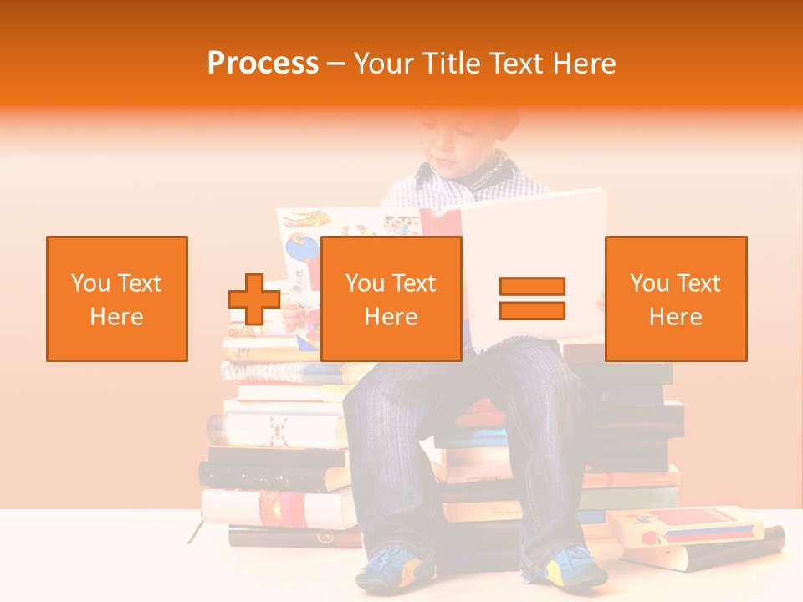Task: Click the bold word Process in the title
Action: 263,64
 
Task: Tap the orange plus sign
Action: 254,299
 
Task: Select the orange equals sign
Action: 532,298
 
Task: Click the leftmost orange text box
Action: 117,298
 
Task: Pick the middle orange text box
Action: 391,298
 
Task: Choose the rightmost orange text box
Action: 675,298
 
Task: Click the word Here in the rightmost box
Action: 675,317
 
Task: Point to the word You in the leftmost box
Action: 90,283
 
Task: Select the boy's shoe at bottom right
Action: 577,569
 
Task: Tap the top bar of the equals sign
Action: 532,287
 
